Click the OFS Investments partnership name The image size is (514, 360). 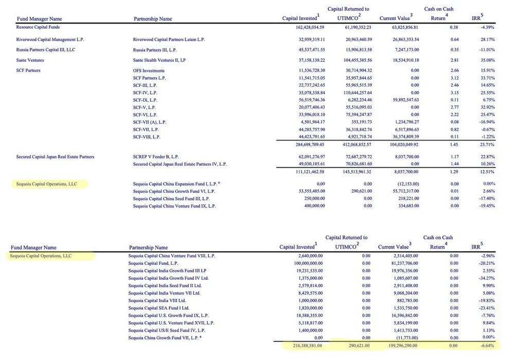pyautogui.click(x=149, y=70)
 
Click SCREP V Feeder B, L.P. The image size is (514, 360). pyautogui.click(x=156, y=156)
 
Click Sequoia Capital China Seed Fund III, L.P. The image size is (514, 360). pyautogui.click(x=171, y=198)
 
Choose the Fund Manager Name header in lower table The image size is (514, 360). pyautogui.click(x=33, y=247)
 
